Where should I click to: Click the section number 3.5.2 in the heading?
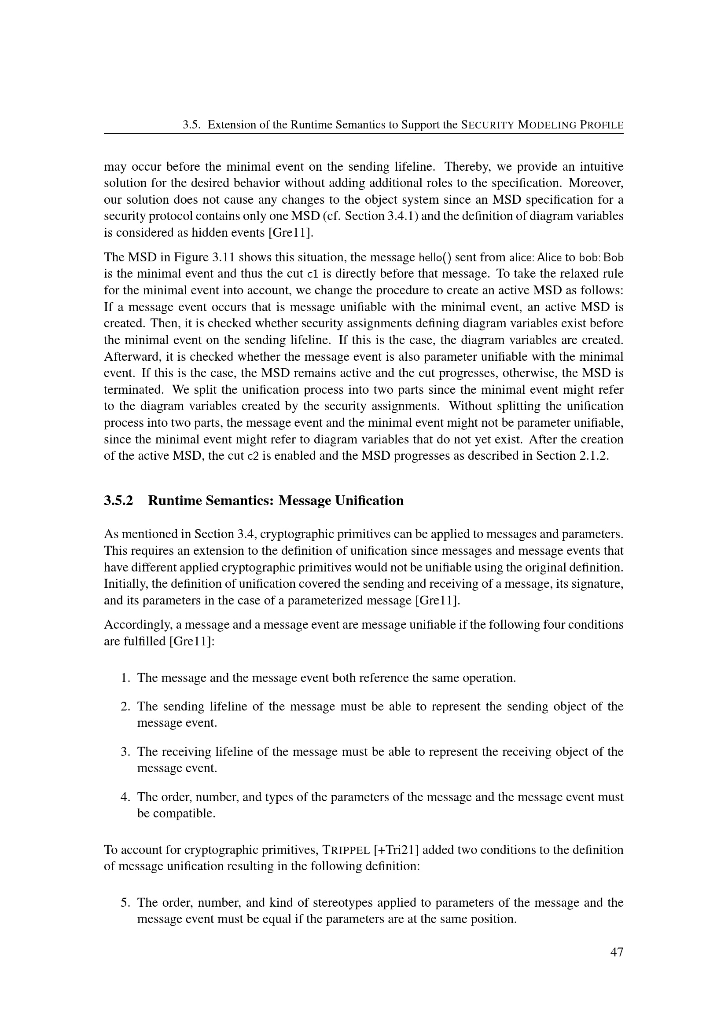[x=118, y=501]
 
